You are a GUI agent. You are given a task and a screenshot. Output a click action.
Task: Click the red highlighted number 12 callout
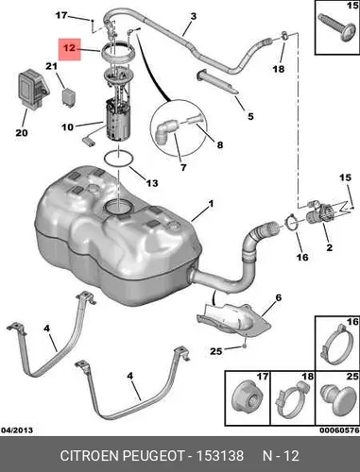pos(70,48)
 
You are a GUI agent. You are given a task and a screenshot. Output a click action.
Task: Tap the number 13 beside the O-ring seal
pos(152,182)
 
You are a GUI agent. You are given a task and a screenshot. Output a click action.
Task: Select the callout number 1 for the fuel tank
pos(211,204)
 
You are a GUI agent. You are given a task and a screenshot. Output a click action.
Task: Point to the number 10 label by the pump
pos(67,127)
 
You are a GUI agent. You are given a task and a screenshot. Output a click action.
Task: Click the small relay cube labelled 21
pos(68,97)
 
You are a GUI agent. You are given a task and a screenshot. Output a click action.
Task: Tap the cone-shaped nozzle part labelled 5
pos(218,81)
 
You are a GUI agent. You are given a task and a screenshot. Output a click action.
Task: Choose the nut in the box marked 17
pos(247,398)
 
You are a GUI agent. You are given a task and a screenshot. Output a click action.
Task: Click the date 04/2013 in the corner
pos(17,430)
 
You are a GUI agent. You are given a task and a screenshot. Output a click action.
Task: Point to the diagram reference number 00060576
pos(339,430)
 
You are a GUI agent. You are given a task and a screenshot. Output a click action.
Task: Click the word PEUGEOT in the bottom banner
pos(153,456)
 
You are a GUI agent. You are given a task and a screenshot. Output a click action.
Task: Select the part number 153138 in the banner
pos(220,456)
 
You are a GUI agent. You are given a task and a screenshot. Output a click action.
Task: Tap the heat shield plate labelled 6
pos(233,318)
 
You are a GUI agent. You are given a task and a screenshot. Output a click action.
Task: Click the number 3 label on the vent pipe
pos(194,16)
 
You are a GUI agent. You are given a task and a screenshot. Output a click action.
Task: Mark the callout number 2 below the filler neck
pos(330,247)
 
